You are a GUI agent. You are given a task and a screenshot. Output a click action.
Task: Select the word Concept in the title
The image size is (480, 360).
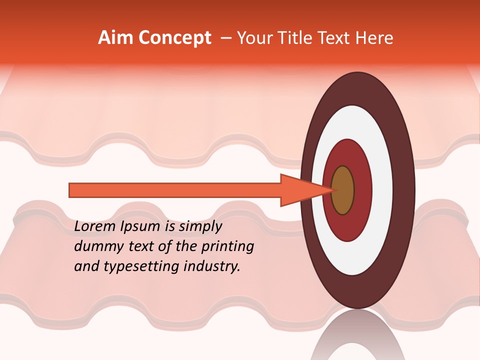175,38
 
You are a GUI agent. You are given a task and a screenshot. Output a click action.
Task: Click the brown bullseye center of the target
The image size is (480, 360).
343,190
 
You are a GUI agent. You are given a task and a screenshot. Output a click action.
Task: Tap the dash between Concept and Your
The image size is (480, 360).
225,38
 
